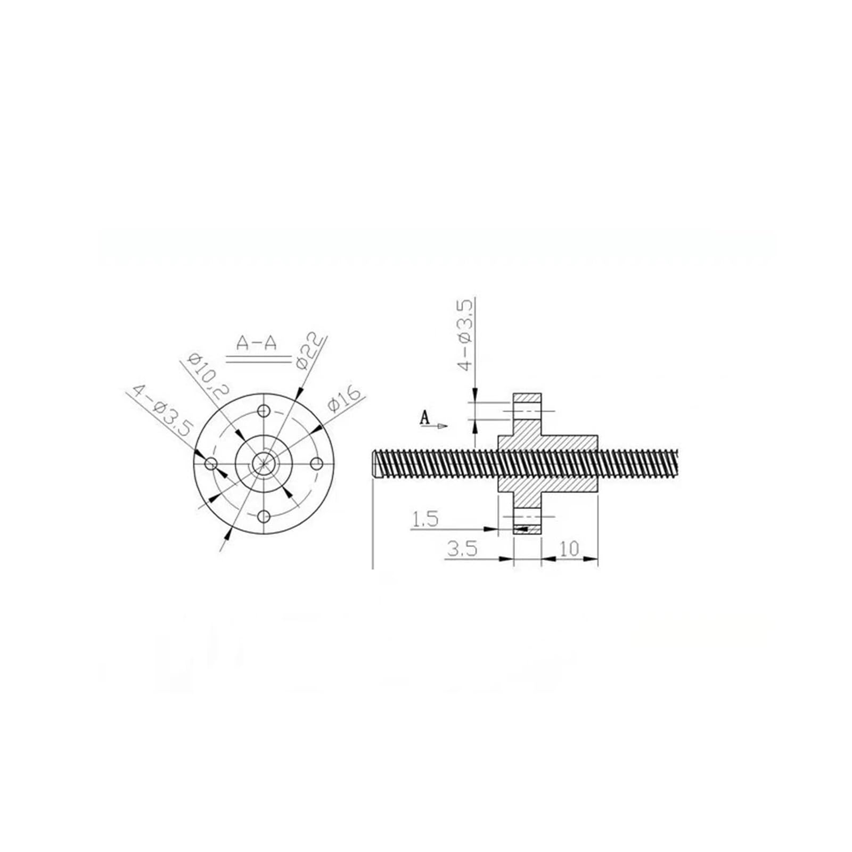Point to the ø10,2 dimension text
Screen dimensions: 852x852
click(206, 376)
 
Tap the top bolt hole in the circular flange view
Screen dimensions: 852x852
click(264, 411)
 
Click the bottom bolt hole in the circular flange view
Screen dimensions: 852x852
click(264, 515)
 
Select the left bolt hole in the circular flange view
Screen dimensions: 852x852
click(211, 463)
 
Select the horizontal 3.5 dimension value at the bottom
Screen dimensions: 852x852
click(461, 549)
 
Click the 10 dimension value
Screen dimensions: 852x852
click(569, 549)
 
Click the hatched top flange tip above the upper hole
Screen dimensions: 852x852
click(527, 398)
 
